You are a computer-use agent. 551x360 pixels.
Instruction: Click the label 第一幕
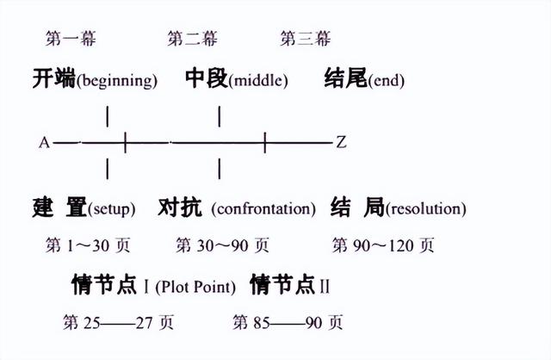pos(71,38)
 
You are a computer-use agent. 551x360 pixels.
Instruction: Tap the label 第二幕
pos(192,38)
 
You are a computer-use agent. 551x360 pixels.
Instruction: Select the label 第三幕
pos(306,38)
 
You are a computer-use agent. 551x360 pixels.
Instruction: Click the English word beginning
pos(117,81)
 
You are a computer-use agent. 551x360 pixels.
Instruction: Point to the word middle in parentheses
pos(258,80)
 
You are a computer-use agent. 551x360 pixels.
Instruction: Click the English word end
pos(387,81)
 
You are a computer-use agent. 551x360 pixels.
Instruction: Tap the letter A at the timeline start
pos(44,143)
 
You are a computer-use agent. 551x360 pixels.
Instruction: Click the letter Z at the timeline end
pos(341,142)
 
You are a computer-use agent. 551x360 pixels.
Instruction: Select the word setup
pos(112,209)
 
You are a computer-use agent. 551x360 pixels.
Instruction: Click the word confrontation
pos(263,208)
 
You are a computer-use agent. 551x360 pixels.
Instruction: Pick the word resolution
pos(426,208)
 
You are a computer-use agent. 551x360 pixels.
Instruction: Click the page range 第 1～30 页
pos(88,245)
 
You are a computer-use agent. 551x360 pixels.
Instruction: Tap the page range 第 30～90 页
pos(222,245)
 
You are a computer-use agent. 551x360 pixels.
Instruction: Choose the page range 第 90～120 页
pos(383,245)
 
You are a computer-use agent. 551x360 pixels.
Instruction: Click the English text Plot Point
pos(195,287)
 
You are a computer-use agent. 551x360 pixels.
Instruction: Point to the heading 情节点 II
pos(290,285)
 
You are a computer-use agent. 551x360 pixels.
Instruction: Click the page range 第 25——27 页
pos(119,322)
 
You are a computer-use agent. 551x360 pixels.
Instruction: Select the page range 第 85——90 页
pos(288,322)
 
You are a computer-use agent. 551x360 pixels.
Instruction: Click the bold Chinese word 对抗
pos(180,208)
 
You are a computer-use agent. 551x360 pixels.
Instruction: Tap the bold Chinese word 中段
pos(207,78)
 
